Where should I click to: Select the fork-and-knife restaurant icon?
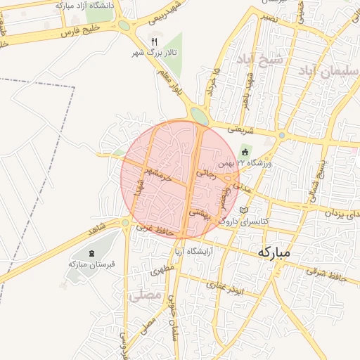point(155,41)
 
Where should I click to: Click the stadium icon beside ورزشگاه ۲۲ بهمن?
point(245,152)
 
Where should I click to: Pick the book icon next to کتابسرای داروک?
point(244,210)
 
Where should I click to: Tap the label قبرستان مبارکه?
point(91,264)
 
